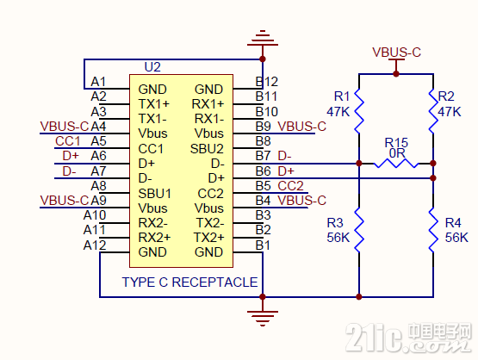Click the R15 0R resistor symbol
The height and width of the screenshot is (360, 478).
(396, 164)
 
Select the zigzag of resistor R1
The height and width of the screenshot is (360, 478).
(359, 110)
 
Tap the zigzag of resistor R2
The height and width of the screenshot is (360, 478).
(433, 110)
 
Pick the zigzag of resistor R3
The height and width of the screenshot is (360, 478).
(359, 230)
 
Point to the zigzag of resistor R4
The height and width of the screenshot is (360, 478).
(433, 230)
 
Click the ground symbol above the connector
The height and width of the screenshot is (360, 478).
(263, 38)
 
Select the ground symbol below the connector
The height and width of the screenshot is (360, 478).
(263, 319)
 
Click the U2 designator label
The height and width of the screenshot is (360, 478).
(152, 67)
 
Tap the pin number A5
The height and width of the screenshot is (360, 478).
(98, 141)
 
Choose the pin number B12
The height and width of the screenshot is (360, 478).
(267, 82)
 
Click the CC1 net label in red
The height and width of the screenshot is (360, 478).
(68, 141)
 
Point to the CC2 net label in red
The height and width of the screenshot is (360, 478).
(290, 186)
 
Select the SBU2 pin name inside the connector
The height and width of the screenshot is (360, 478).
(207, 149)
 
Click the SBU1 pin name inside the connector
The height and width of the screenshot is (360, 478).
(155, 194)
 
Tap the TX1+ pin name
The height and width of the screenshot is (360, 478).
(154, 104)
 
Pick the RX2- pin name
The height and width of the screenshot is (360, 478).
(152, 223)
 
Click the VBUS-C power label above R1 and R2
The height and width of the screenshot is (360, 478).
(396, 53)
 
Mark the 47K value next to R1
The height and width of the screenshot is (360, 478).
(338, 112)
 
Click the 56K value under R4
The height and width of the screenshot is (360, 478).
(456, 238)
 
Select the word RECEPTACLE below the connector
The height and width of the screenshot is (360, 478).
(215, 282)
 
